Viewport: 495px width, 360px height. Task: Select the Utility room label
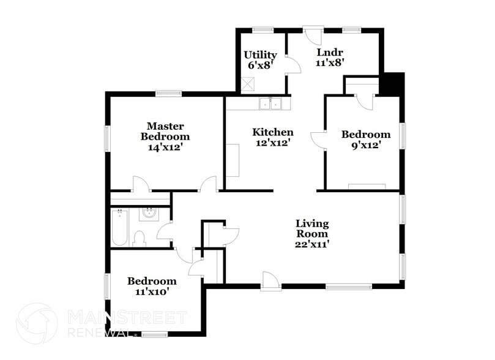[260, 55]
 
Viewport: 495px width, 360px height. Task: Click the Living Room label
[312, 228]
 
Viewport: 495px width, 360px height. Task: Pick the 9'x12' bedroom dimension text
[365, 145]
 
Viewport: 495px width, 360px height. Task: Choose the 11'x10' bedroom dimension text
[152, 292]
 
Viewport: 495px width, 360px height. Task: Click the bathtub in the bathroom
[119, 228]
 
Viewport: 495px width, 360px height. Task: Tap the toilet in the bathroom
[139, 238]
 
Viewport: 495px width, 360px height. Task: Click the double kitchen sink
[270, 103]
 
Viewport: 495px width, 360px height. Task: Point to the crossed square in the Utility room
[248, 84]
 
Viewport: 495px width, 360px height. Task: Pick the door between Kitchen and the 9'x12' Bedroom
[319, 140]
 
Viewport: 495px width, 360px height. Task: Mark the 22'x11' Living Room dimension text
[312, 244]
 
